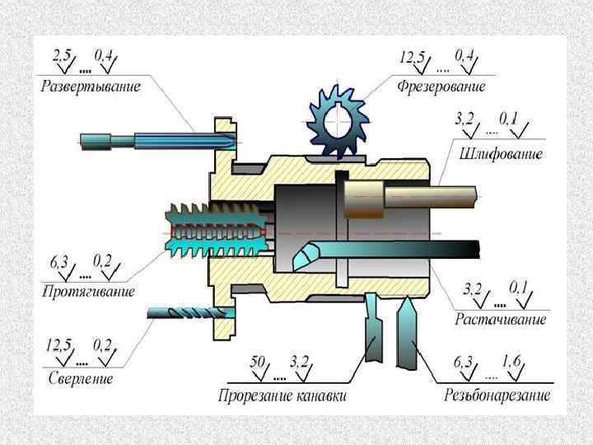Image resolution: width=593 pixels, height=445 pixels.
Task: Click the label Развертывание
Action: point(92,87)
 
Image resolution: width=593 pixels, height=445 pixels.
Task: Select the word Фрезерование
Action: point(441,86)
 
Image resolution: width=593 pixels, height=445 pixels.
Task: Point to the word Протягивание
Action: point(88,291)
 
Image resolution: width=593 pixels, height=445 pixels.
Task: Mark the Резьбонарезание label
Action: point(497,396)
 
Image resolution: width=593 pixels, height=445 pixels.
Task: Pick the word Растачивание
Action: point(501,317)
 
